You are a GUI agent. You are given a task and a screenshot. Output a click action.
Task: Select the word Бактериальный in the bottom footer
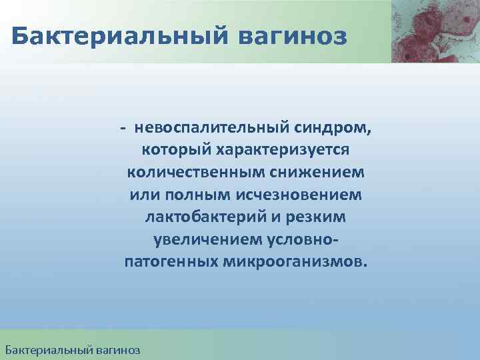coord(43,349)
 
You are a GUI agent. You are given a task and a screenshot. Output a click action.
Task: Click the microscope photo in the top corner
coord(435,31)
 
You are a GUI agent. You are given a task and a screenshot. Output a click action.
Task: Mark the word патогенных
coord(167,261)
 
